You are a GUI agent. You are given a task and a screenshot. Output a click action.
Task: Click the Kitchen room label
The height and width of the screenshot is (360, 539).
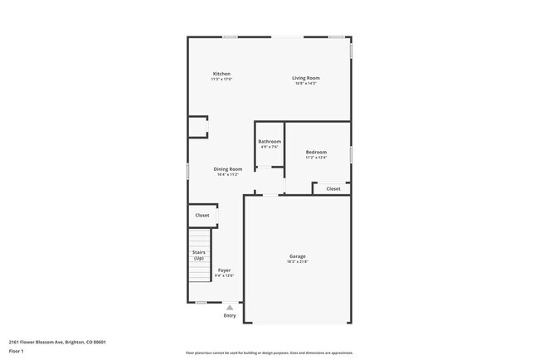point(221,74)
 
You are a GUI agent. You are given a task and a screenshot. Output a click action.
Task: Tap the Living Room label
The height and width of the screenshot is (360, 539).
point(306,78)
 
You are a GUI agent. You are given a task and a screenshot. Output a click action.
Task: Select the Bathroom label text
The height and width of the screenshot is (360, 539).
point(269,141)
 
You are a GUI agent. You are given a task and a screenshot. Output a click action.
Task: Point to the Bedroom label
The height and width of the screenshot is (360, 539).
point(316,152)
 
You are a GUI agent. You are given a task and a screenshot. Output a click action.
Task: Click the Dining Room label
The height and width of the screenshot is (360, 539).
point(228,169)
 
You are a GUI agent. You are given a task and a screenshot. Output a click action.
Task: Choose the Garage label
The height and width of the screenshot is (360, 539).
point(298,256)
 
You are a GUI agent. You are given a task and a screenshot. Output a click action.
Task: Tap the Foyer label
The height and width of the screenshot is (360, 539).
point(225,270)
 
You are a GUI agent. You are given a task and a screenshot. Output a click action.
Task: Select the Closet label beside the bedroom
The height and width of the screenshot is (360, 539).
point(333,188)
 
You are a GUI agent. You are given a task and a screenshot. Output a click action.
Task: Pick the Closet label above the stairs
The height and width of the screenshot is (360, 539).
point(202,215)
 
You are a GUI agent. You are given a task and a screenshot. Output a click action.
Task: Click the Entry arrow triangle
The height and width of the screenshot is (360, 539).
point(230,308)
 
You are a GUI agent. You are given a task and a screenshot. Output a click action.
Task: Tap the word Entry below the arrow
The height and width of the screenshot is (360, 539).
point(230,315)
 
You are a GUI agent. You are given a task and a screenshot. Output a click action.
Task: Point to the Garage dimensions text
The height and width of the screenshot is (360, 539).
point(298,262)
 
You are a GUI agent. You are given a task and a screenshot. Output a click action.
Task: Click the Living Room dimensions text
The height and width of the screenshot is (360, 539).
point(306,83)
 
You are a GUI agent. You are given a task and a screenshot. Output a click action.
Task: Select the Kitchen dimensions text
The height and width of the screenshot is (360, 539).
point(221,79)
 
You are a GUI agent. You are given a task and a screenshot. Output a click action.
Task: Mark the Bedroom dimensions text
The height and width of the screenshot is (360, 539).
point(316,157)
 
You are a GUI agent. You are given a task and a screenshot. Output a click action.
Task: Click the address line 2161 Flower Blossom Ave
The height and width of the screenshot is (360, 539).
point(57,341)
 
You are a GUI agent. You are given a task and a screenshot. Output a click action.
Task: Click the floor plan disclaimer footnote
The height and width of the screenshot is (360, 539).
point(269,353)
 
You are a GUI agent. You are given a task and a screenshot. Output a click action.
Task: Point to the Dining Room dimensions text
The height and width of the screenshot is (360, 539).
point(228,174)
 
